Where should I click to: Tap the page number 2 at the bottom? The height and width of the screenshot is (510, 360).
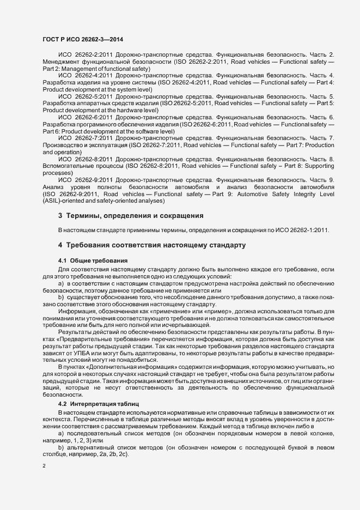tap(44, 466)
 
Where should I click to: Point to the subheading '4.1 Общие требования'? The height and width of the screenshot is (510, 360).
tap(93, 261)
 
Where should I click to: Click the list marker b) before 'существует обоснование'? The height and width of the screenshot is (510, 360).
tap(61, 297)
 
